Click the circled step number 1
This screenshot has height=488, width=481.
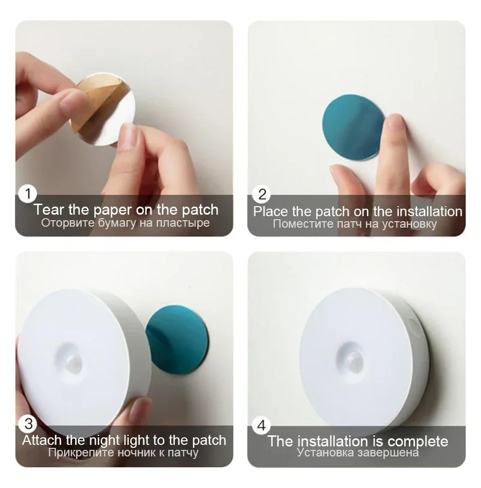(x=28, y=194)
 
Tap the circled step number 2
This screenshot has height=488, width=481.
(x=262, y=194)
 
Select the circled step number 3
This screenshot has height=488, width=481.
(x=28, y=424)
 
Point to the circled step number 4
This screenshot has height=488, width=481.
(x=262, y=426)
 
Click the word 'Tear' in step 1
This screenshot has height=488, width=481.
(x=49, y=210)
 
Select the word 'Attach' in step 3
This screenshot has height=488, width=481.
(x=42, y=440)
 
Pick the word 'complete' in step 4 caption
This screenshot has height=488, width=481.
(x=418, y=441)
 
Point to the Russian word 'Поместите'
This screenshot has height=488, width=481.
(x=299, y=224)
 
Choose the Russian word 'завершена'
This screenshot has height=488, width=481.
(x=391, y=453)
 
